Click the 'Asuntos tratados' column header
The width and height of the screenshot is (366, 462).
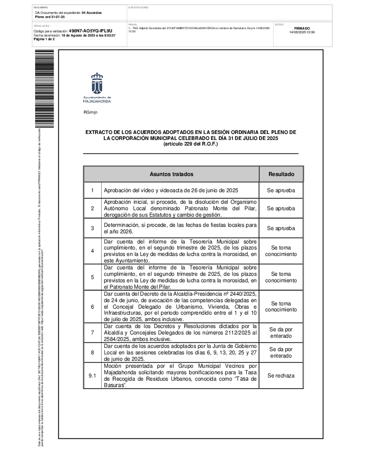click(x=171, y=174)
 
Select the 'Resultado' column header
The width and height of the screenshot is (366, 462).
click(x=281, y=174)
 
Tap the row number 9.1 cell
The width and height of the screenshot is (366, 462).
click(x=92, y=376)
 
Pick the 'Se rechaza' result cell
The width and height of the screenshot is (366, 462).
click(x=281, y=376)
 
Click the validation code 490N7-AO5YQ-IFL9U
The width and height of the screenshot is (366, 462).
click(x=90, y=31)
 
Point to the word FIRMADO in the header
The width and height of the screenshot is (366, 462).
click(x=302, y=28)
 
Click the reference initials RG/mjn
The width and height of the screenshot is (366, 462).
click(x=90, y=112)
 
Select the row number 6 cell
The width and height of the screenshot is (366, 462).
click(x=92, y=306)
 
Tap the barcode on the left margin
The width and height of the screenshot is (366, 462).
click(x=44, y=88)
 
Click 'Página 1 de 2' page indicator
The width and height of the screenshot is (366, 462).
click(x=44, y=39)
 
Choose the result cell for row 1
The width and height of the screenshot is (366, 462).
click(x=281, y=190)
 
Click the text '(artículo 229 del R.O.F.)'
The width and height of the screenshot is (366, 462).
click(x=190, y=144)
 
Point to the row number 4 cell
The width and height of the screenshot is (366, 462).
click(x=92, y=251)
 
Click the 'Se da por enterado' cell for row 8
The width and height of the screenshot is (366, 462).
click(x=281, y=353)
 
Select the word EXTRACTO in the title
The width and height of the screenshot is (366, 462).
click(x=99, y=132)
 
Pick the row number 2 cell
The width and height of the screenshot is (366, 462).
click(x=92, y=208)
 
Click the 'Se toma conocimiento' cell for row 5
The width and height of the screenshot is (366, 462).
click(x=281, y=277)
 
